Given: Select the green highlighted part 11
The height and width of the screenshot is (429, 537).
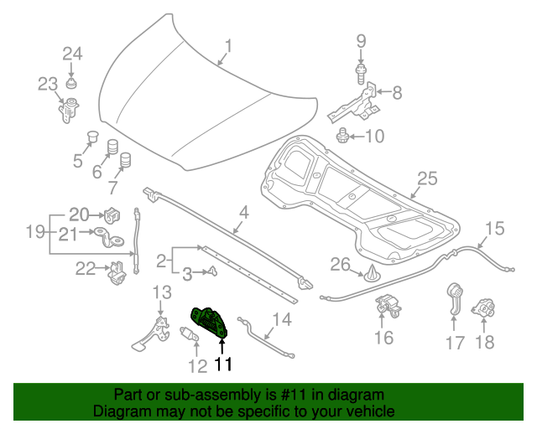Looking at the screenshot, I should click(x=210, y=323).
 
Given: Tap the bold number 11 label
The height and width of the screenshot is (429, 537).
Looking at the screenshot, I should click(x=222, y=364).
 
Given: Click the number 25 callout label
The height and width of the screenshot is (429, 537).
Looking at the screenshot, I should click(x=428, y=178).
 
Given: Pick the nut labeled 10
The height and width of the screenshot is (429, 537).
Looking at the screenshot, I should click(x=343, y=135).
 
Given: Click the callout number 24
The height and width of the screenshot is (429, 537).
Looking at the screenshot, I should click(x=72, y=54).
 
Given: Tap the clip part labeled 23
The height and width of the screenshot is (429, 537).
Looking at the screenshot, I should click(x=67, y=108).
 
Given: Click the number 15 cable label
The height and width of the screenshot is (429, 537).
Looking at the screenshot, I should click(x=495, y=227).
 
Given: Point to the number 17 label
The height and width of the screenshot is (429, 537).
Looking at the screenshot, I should click(x=454, y=342).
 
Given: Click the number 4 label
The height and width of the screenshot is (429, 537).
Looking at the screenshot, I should click(x=242, y=213).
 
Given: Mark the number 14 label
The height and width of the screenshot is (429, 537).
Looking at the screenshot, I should click(x=281, y=318).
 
